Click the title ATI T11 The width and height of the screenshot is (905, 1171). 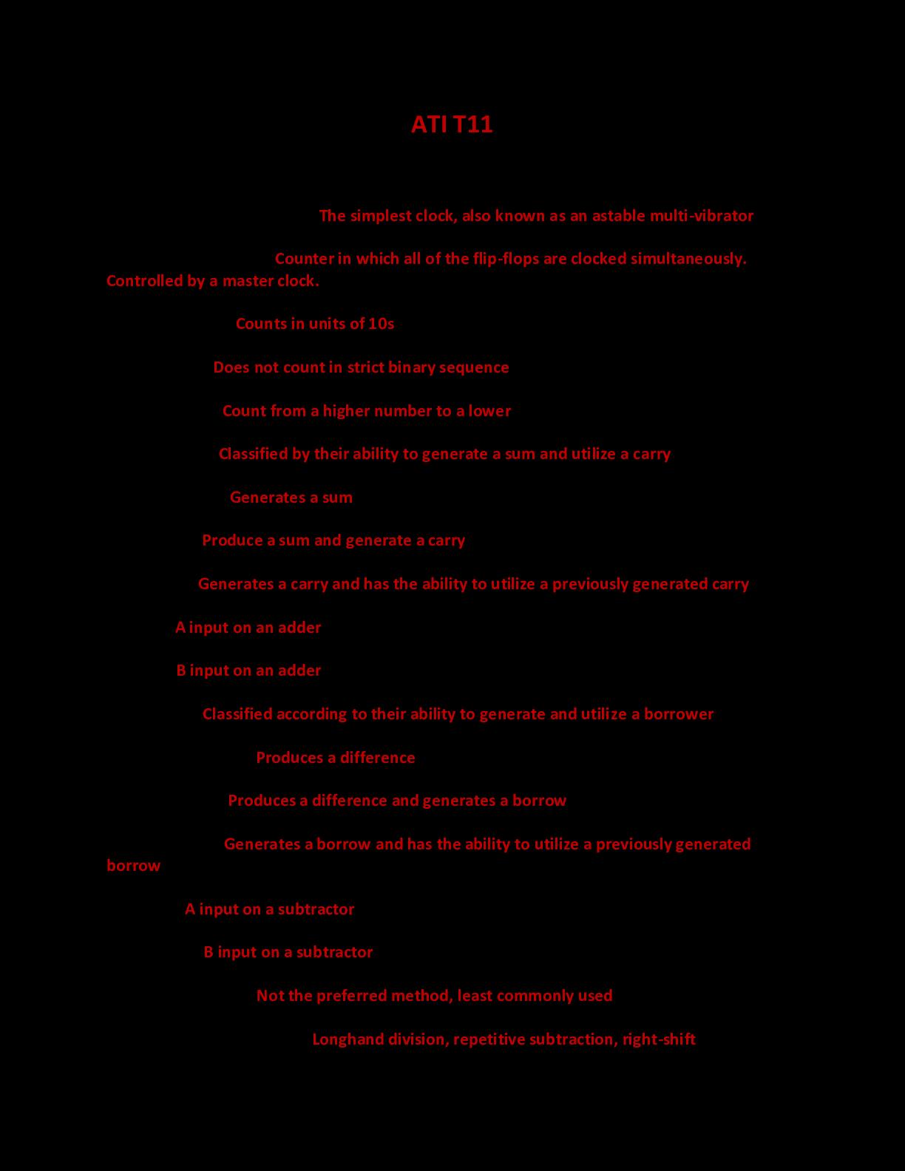[x=452, y=124]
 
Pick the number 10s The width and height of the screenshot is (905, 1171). [x=382, y=324]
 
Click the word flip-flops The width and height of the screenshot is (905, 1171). [x=506, y=259]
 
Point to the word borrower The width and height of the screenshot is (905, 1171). [x=679, y=714]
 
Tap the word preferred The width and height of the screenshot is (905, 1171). [x=351, y=996]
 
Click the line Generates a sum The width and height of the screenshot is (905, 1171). [x=291, y=498]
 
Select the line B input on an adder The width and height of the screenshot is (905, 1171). [x=248, y=671]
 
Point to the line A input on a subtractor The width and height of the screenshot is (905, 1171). [x=269, y=909]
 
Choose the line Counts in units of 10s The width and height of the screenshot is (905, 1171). [x=314, y=324]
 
